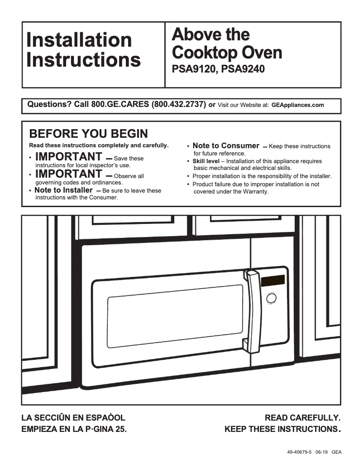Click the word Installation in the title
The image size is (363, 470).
(x=79, y=40)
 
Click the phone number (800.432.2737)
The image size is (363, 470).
(x=179, y=105)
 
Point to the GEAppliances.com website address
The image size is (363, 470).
(x=298, y=105)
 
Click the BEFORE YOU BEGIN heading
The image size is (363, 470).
(x=88, y=134)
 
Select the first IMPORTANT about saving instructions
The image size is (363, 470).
(x=68, y=157)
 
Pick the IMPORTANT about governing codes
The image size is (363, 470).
(x=68, y=174)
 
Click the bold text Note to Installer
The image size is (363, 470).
(x=63, y=190)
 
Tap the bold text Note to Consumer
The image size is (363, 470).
(x=225, y=146)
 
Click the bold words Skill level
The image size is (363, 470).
(x=206, y=161)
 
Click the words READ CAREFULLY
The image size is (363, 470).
(x=302, y=417)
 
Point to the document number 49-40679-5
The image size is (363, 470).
(x=299, y=452)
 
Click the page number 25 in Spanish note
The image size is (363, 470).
(x=119, y=429)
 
